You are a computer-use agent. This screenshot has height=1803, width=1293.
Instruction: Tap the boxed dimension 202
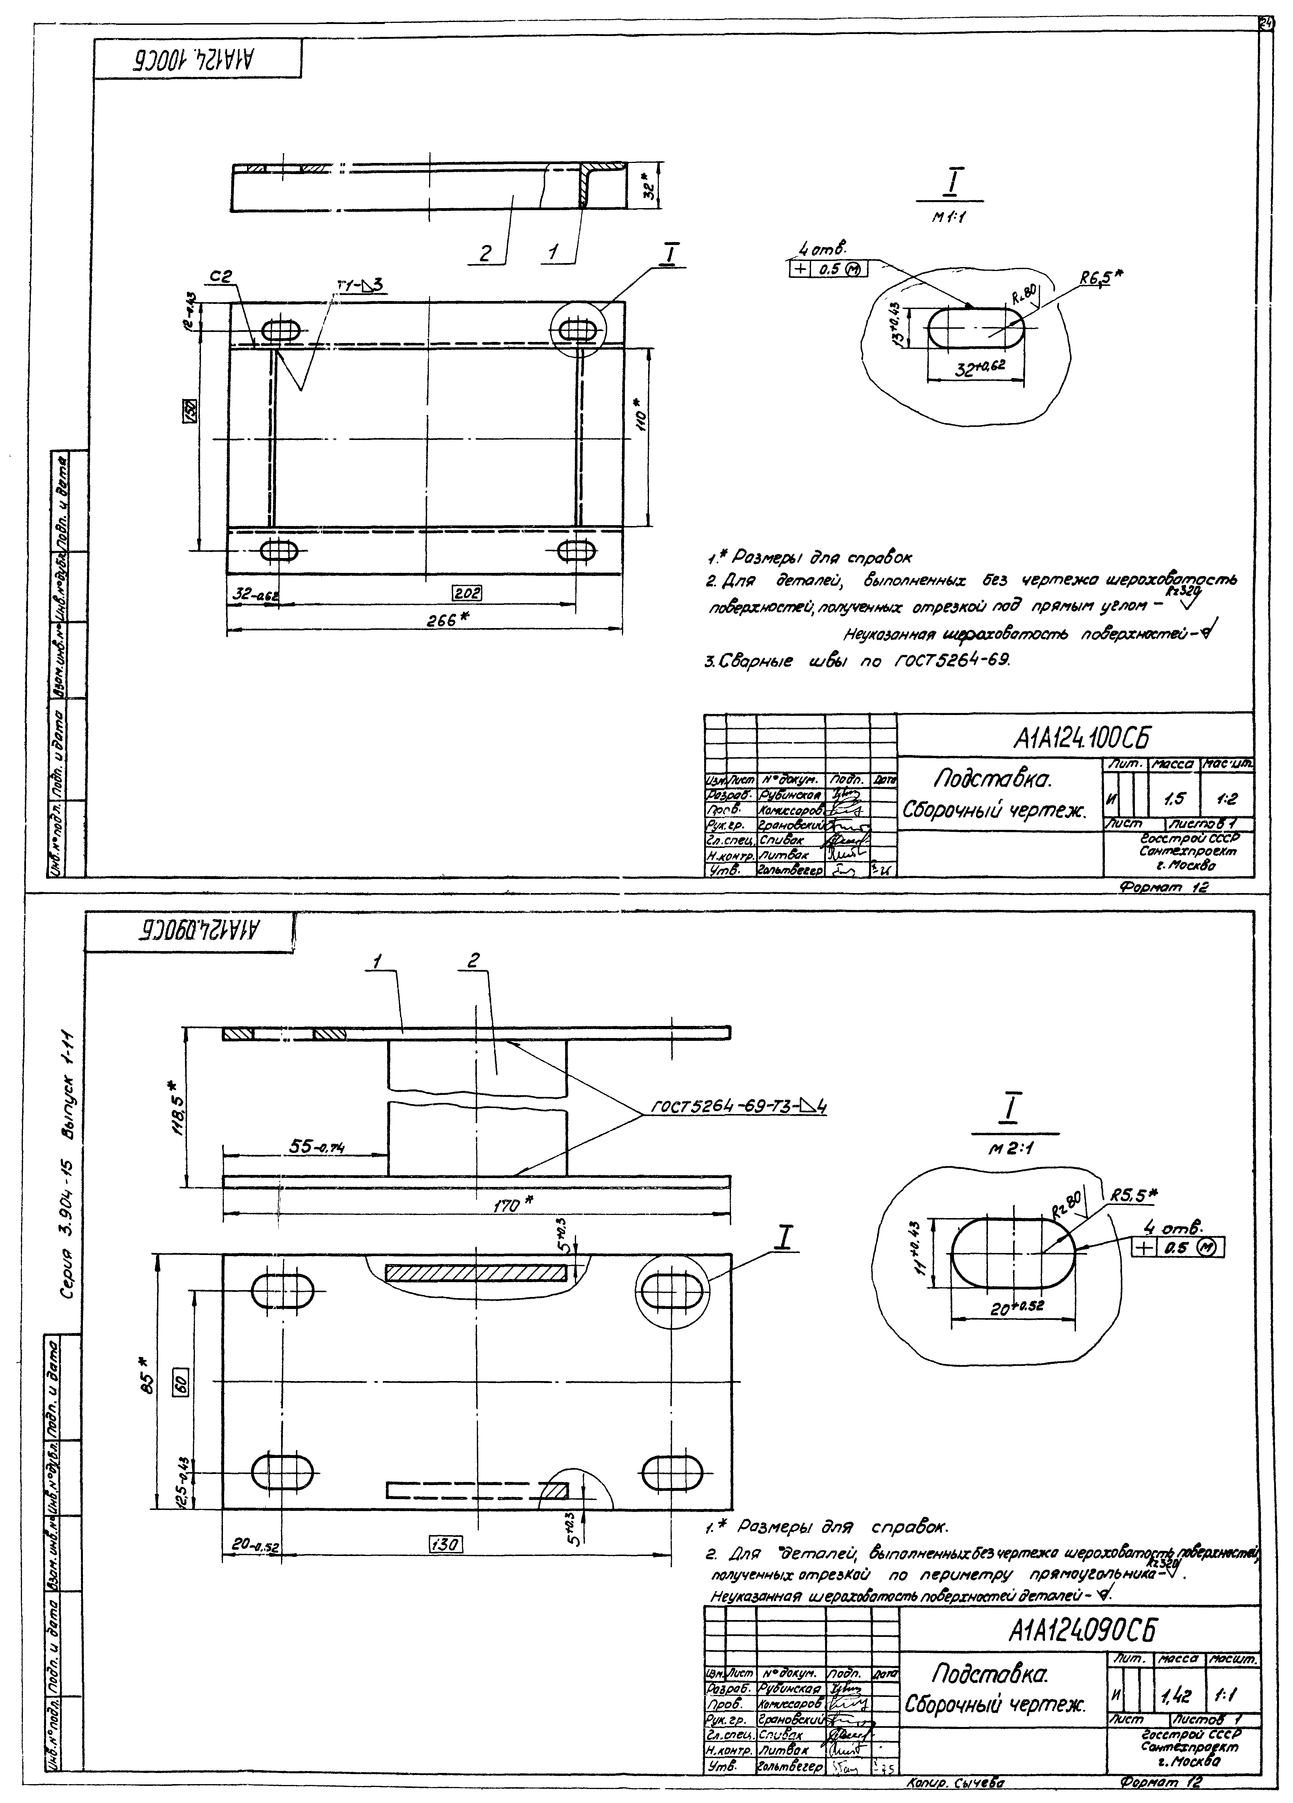point(468,592)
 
